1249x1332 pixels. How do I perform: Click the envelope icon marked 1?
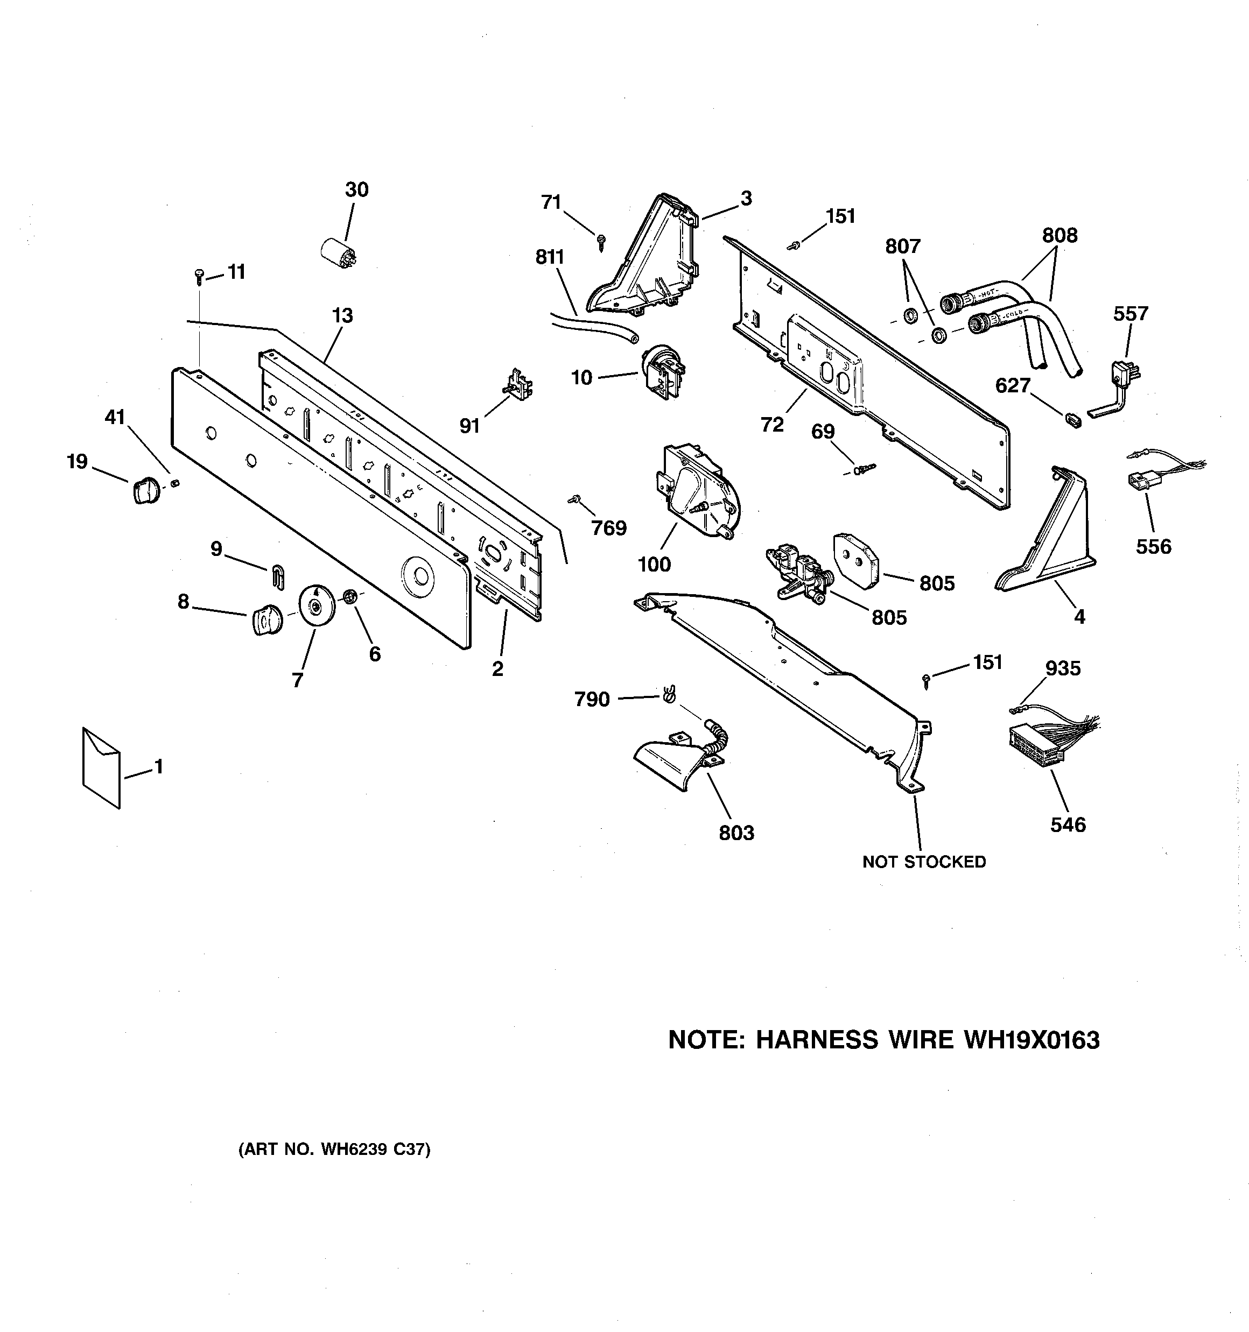coord(101,766)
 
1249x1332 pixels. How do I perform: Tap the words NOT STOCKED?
coord(924,862)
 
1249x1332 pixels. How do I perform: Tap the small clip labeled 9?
coord(279,576)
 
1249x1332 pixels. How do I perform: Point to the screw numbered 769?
coord(574,499)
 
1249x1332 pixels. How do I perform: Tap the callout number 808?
coord(1060,235)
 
